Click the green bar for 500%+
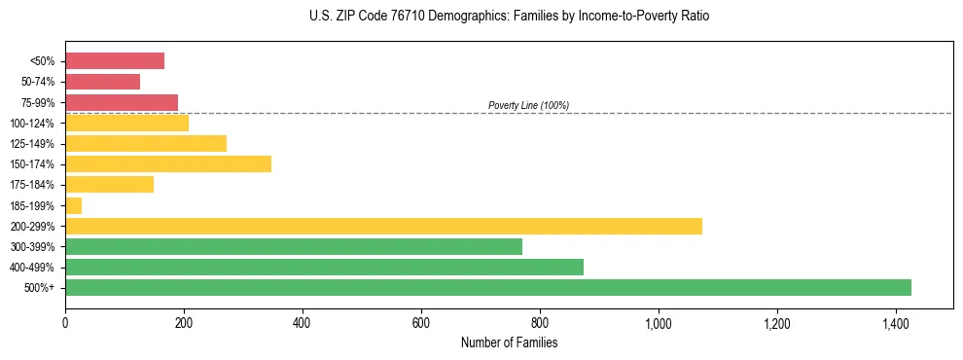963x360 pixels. tap(487, 287)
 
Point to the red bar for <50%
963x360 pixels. tap(115, 61)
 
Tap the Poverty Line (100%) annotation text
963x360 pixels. tap(528, 105)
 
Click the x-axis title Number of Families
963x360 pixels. tap(509, 342)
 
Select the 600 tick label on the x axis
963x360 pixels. tap(421, 322)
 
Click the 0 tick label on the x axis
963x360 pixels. tap(65, 322)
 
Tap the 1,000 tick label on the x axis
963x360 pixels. tap(659, 322)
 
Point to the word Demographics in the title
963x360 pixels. tap(455, 17)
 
